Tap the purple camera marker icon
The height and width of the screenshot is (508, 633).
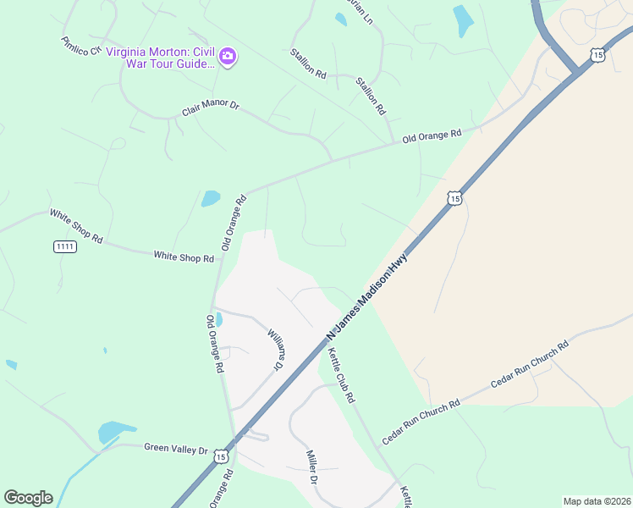pos(227,57)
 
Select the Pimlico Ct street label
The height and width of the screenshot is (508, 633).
pos(81,46)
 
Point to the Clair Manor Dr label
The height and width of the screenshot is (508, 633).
pos(211,110)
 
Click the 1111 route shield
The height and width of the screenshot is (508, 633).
pos(64,246)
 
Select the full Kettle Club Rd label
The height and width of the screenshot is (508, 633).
pos(340,374)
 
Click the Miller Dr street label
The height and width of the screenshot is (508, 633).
pos(311,467)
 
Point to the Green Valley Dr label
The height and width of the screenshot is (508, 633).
pos(175,449)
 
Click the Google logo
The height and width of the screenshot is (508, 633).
pos(28,498)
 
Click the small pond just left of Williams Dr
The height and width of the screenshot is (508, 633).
pos(219,319)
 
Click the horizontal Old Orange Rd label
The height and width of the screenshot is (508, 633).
pos(432,136)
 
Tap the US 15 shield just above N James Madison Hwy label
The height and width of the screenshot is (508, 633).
pos(455,198)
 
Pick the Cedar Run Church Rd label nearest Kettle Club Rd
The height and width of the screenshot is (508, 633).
pos(421,422)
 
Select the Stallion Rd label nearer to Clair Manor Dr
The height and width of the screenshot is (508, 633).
pos(308,63)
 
